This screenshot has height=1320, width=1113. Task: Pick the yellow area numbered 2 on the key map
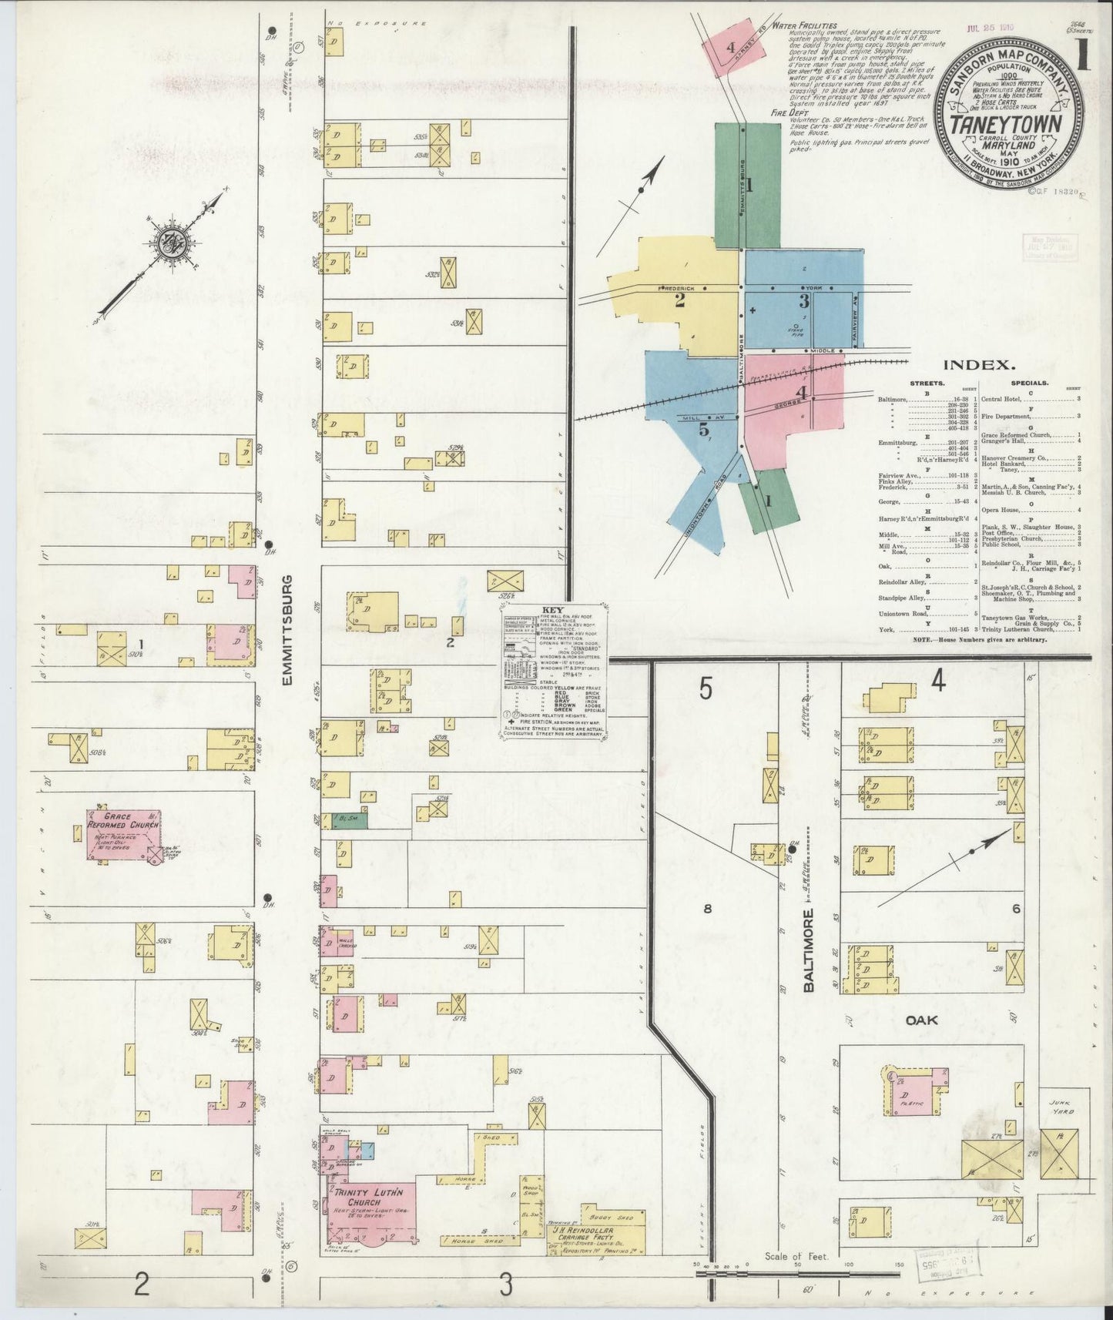[x=679, y=300]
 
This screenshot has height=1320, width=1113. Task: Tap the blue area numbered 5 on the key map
[x=703, y=430]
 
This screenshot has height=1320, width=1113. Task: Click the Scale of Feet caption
[x=795, y=1256]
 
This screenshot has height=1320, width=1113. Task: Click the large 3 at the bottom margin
[x=505, y=1284]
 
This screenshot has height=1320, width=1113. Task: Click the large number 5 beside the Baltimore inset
[x=706, y=689]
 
